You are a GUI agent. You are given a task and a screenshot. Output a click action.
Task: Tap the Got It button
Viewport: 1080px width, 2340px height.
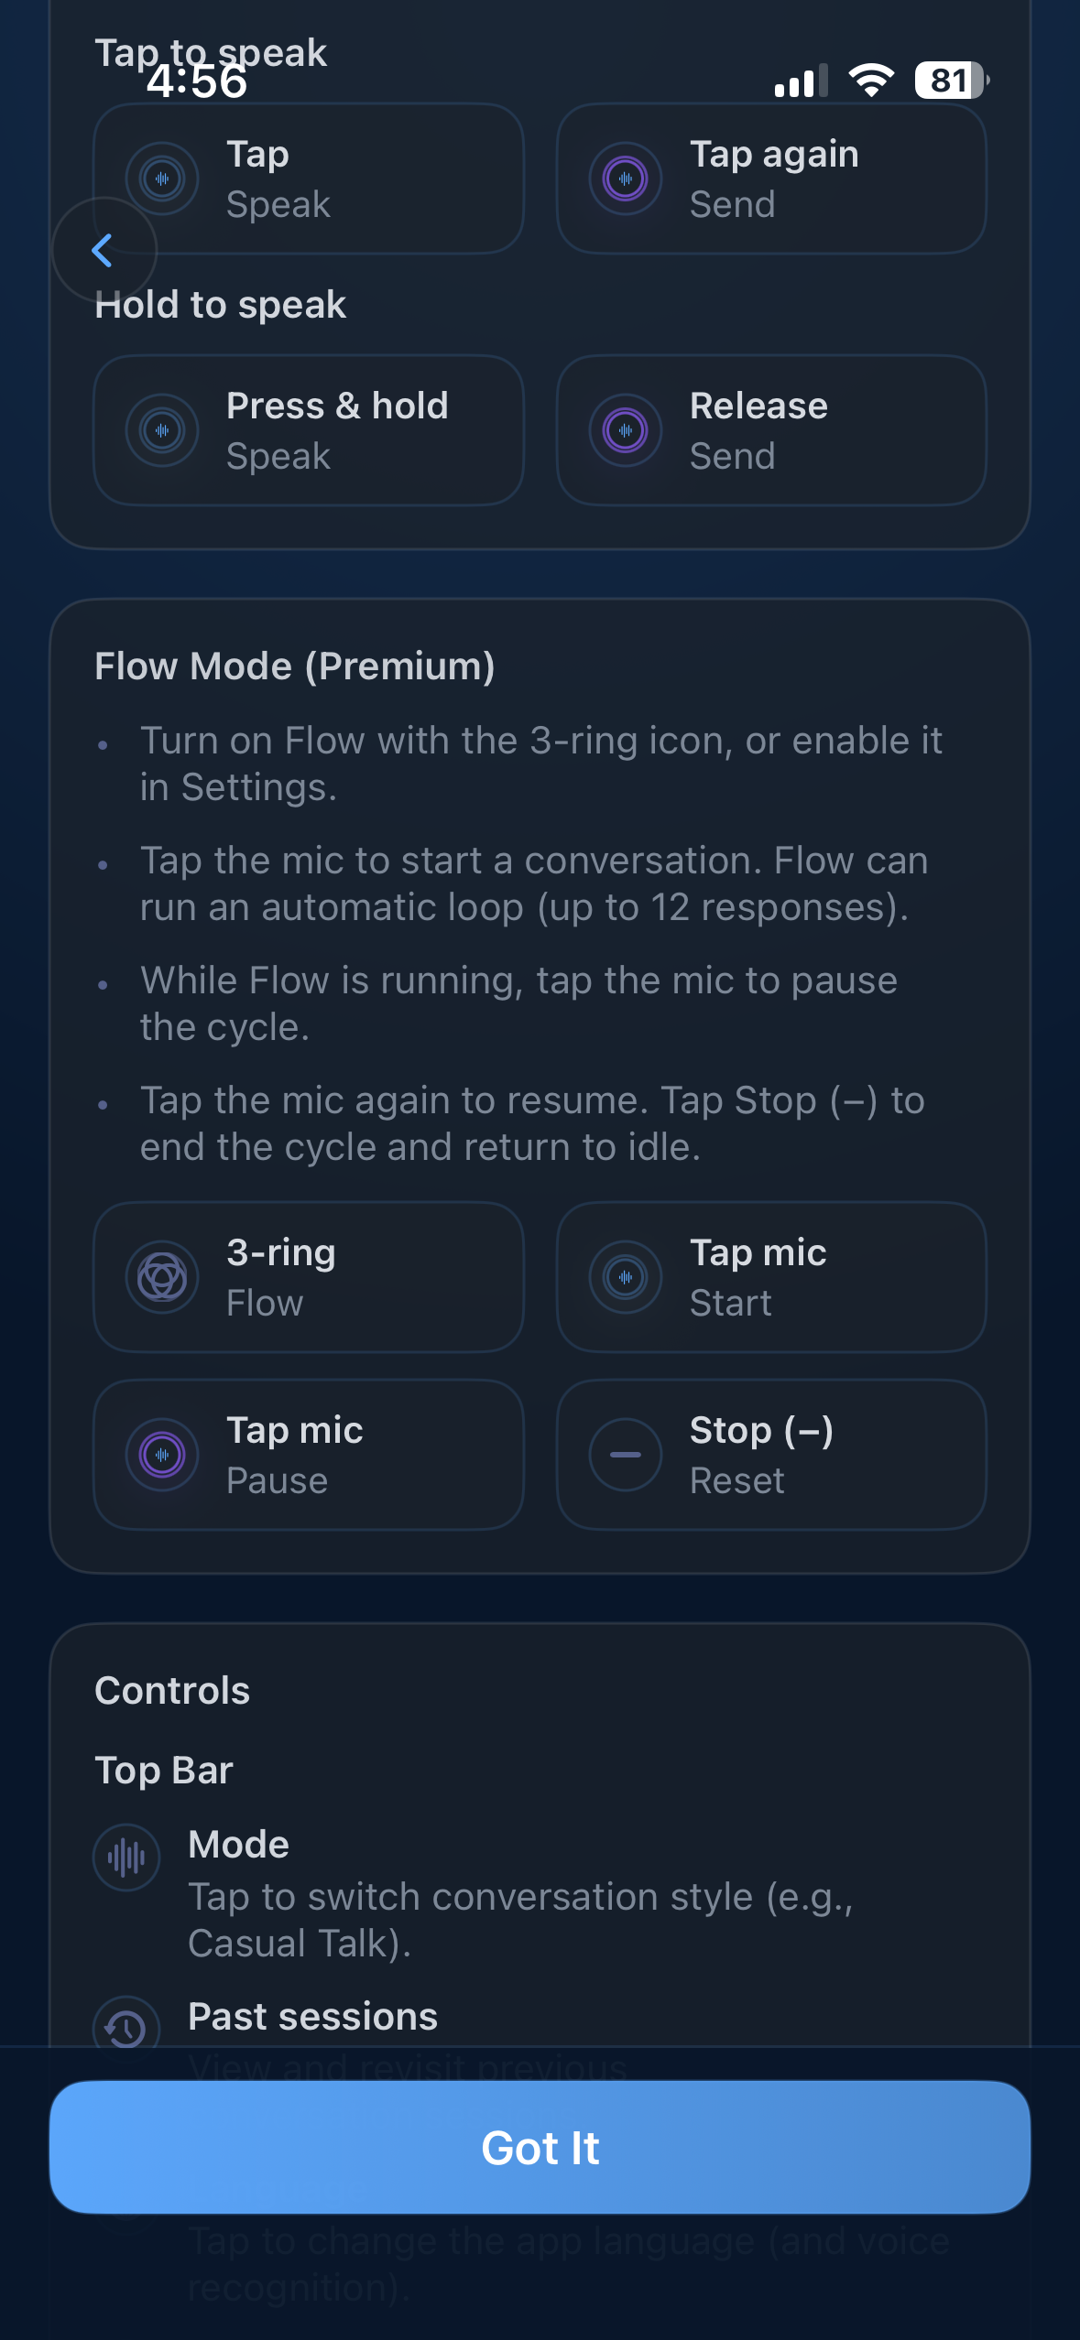540,2147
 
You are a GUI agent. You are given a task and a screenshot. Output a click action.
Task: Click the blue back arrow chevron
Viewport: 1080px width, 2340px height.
103,250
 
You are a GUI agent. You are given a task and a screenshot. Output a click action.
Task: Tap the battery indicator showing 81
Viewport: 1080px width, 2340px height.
951,81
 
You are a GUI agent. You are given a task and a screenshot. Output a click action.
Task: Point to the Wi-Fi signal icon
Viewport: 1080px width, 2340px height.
871,81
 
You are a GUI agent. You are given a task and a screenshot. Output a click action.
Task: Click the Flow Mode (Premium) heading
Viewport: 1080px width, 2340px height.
294,666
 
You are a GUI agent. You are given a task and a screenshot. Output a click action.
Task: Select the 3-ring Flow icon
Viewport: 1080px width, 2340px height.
162,1277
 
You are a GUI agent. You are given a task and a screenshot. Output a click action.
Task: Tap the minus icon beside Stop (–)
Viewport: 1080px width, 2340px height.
626,1455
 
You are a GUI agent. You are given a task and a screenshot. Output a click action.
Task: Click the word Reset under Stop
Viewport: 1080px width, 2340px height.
736,1480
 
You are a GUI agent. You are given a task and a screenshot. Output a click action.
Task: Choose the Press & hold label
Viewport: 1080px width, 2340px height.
337,406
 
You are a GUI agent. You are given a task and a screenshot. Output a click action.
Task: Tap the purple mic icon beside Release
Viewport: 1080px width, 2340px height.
626,430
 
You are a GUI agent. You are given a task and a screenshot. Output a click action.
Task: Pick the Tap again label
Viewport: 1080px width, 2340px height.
774,154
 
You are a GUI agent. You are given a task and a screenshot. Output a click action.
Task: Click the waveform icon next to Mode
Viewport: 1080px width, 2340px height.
126,1858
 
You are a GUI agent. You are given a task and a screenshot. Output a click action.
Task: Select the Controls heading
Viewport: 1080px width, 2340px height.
172,1690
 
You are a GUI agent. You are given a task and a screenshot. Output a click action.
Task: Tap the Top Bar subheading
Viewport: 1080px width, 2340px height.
164,1770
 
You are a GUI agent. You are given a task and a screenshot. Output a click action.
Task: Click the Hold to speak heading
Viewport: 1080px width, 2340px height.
221,305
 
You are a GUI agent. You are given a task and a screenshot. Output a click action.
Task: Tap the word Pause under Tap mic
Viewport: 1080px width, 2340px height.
277,1480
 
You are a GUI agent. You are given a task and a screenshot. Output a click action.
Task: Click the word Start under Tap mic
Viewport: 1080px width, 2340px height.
730,1303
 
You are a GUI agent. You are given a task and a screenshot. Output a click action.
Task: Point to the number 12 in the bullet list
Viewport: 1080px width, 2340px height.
670,907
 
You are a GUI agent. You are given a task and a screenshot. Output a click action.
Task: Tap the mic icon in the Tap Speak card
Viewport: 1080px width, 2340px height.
162,179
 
